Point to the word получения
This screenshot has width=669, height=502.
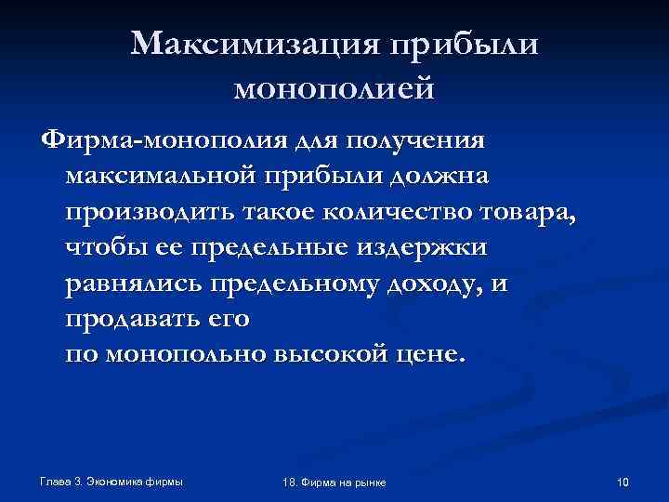tap(414, 140)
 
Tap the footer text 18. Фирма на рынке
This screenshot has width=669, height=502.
tap(333, 482)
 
